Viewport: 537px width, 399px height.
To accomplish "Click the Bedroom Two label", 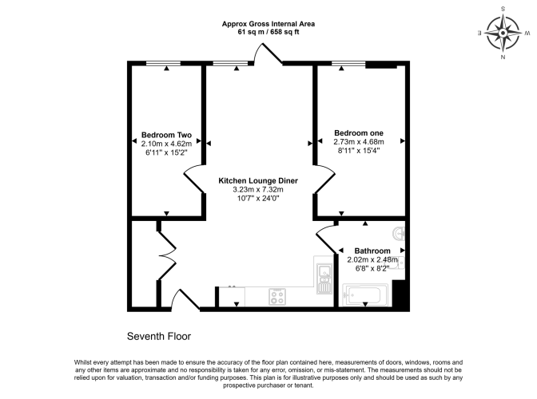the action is pyautogui.click(x=166, y=135).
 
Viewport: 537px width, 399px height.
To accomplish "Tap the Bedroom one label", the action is pyautogui.click(x=359, y=132).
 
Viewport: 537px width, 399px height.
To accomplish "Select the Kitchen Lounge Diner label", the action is pyautogui.click(x=258, y=180).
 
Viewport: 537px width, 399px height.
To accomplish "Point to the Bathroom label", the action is pyautogui.click(x=372, y=251).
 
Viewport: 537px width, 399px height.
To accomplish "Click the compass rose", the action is pyautogui.click(x=503, y=34).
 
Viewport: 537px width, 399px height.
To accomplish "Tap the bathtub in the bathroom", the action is pyautogui.click(x=365, y=295).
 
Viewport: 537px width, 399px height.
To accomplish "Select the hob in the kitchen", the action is pyautogui.click(x=277, y=296).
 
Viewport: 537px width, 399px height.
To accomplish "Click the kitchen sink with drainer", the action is pyautogui.click(x=324, y=279).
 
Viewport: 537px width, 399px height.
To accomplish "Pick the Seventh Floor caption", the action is pyautogui.click(x=159, y=336).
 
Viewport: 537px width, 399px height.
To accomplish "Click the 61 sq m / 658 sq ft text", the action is pyautogui.click(x=268, y=32).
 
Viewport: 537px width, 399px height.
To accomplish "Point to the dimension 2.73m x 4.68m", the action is pyautogui.click(x=359, y=141).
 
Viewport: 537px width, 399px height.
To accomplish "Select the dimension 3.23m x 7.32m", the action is pyautogui.click(x=258, y=189).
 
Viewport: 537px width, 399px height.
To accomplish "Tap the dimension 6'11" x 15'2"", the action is pyautogui.click(x=166, y=152).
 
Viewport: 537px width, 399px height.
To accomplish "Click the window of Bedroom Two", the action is pyautogui.click(x=163, y=63).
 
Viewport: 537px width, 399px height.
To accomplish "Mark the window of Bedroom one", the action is pyautogui.click(x=348, y=63).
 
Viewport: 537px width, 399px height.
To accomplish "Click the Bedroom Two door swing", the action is pyautogui.click(x=193, y=180).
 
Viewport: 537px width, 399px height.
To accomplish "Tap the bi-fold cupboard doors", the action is pyautogui.click(x=167, y=255).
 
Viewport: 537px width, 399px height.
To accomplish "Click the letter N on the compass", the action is pyautogui.click(x=503, y=57).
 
